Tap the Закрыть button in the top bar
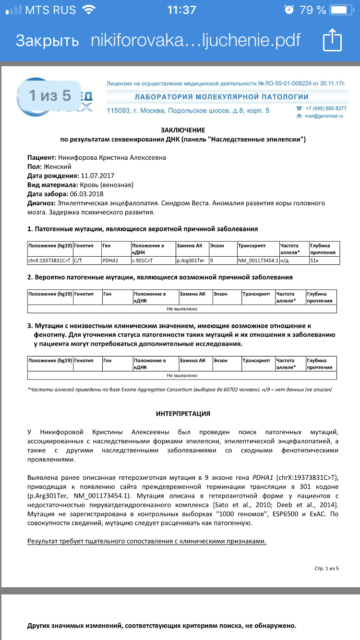(x=47, y=40)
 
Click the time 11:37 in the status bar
(x=181, y=10)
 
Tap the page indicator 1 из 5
(x=50, y=96)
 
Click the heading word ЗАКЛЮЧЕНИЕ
(x=183, y=130)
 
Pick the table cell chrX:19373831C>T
(x=50, y=261)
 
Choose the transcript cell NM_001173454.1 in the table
(x=258, y=261)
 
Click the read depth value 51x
(x=315, y=261)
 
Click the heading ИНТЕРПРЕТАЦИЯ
(x=183, y=414)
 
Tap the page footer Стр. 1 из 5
(x=326, y=569)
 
